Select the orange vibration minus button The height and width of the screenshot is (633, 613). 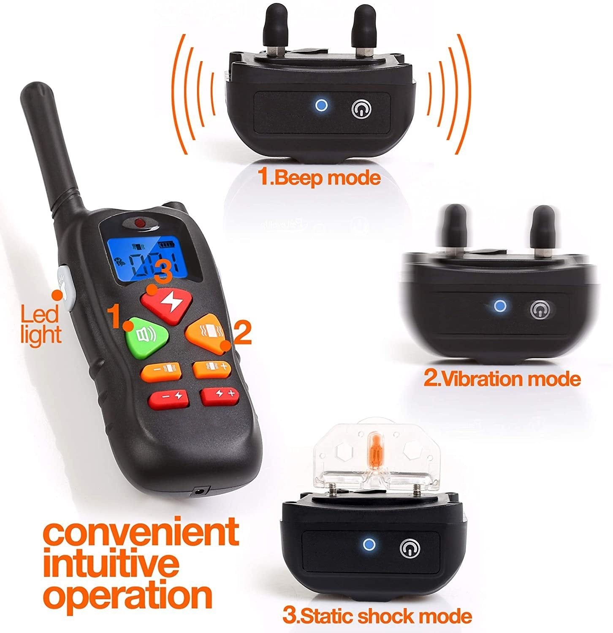tap(162, 371)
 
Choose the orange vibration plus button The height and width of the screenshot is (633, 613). tap(212, 368)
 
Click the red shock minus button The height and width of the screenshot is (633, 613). tap(168, 398)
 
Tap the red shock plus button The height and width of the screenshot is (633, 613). tap(220, 395)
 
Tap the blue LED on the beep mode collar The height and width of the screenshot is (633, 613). tap(322, 105)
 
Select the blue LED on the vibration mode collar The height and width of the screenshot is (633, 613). tap(500, 306)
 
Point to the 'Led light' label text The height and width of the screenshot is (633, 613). tap(41, 325)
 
